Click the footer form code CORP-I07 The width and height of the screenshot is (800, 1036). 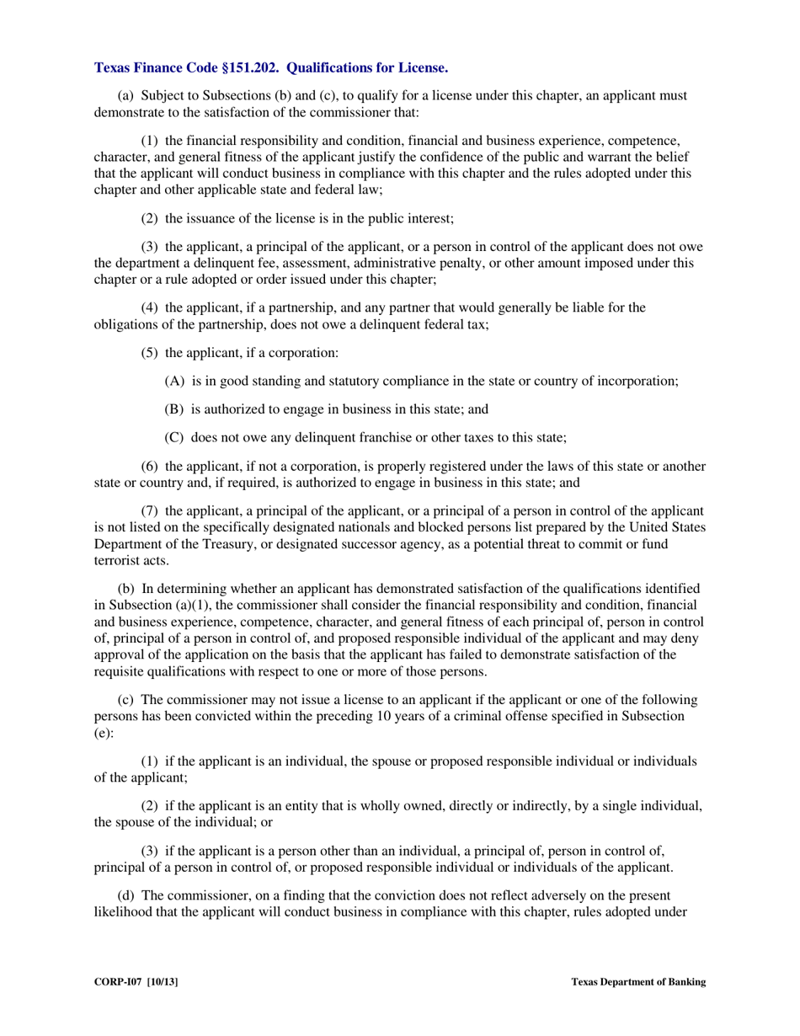pos(118,981)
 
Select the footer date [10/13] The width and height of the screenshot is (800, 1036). pos(163,981)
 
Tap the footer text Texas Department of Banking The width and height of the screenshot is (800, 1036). pos(638,981)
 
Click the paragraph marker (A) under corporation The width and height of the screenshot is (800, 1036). pos(174,381)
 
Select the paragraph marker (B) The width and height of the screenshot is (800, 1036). pos(174,409)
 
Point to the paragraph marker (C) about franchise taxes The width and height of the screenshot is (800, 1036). pos(174,437)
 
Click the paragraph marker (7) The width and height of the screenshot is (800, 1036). pos(150,510)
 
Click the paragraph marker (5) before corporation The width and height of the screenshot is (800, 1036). pos(150,352)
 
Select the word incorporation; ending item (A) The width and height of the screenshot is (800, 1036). pos(637,381)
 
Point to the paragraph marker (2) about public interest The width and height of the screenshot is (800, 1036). pos(150,218)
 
